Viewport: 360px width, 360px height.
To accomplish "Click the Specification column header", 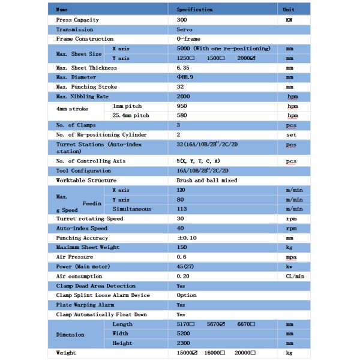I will [x=194, y=10].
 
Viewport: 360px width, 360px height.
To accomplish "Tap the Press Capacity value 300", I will [x=182, y=20].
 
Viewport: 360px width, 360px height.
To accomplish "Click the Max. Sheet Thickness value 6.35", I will [x=184, y=68].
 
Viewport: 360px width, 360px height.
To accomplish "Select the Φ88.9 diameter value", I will [x=185, y=77].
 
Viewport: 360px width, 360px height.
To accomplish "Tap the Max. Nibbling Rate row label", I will [x=82, y=97].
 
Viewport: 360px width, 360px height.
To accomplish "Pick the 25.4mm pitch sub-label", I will [x=131, y=115].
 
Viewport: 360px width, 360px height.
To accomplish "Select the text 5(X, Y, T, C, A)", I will [x=198, y=161].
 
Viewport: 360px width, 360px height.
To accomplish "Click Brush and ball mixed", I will [x=206, y=181].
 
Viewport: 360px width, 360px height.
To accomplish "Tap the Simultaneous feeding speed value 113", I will [x=182, y=209].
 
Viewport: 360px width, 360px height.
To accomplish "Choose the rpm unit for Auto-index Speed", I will [x=290, y=229].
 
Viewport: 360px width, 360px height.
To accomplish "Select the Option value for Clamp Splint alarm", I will [x=186, y=295].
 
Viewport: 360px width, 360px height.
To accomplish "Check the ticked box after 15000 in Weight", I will [x=195, y=353].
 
